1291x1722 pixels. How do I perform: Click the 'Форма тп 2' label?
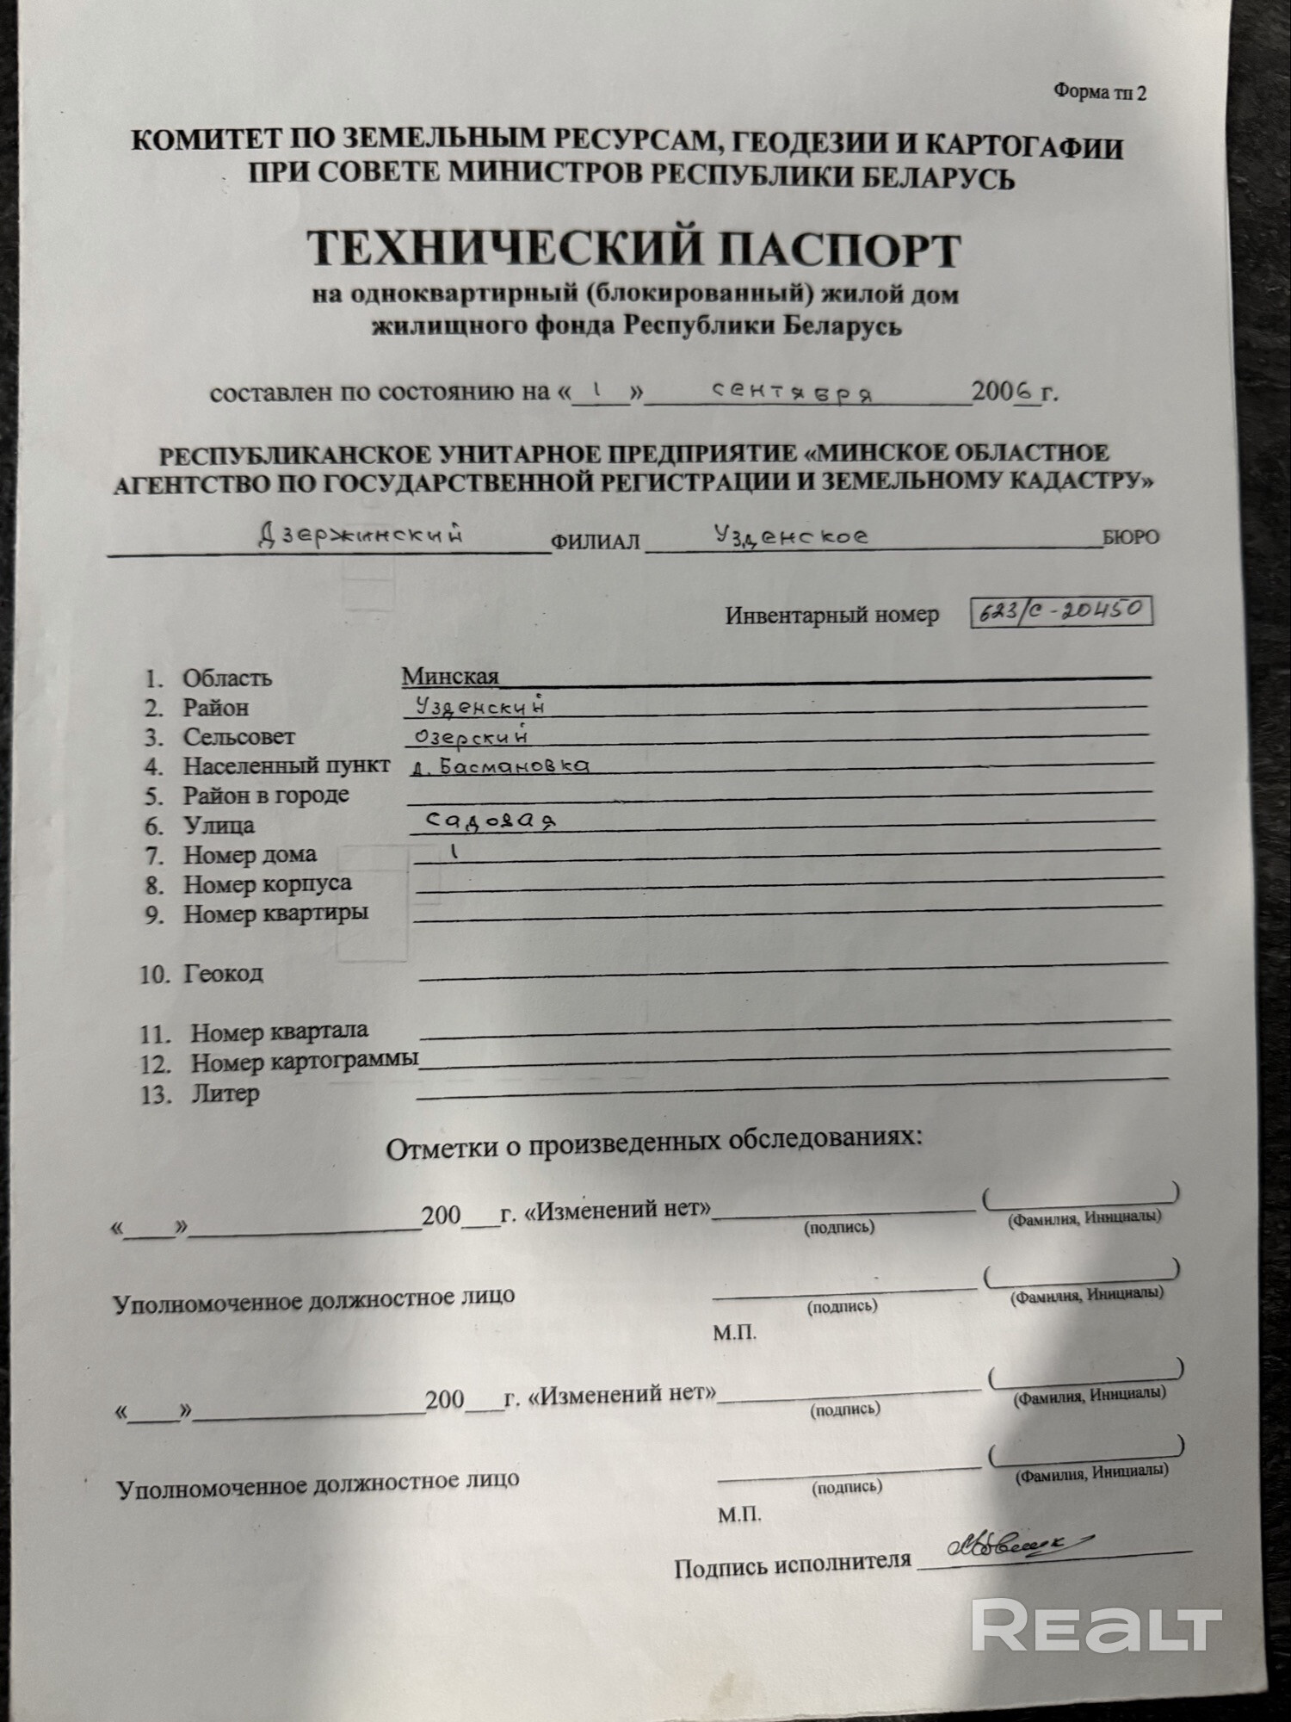coord(1099,93)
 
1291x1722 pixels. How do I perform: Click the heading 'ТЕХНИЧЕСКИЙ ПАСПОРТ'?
coord(633,249)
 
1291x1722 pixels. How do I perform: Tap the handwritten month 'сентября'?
coord(793,392)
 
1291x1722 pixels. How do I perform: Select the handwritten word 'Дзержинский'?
coord(361,536)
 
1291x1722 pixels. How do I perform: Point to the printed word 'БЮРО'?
coord(1131,537)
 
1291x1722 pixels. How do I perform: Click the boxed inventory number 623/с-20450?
coord(1060,611)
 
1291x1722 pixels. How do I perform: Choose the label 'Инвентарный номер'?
coord(831,616)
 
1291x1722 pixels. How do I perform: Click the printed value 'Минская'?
coord(450,676)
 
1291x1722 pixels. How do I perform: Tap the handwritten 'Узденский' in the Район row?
coord(479,707)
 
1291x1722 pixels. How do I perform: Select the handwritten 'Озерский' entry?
coord(471,736)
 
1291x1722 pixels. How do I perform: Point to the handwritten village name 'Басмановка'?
coord(514,765)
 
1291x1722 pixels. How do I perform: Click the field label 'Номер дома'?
coord(250,855)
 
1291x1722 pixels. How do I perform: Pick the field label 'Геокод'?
coord(223,974)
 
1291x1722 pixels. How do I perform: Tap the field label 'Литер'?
coord(225,1094)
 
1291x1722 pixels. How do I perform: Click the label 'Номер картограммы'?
coord(304,1062)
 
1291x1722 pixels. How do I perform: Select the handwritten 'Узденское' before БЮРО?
coord(791,536)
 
